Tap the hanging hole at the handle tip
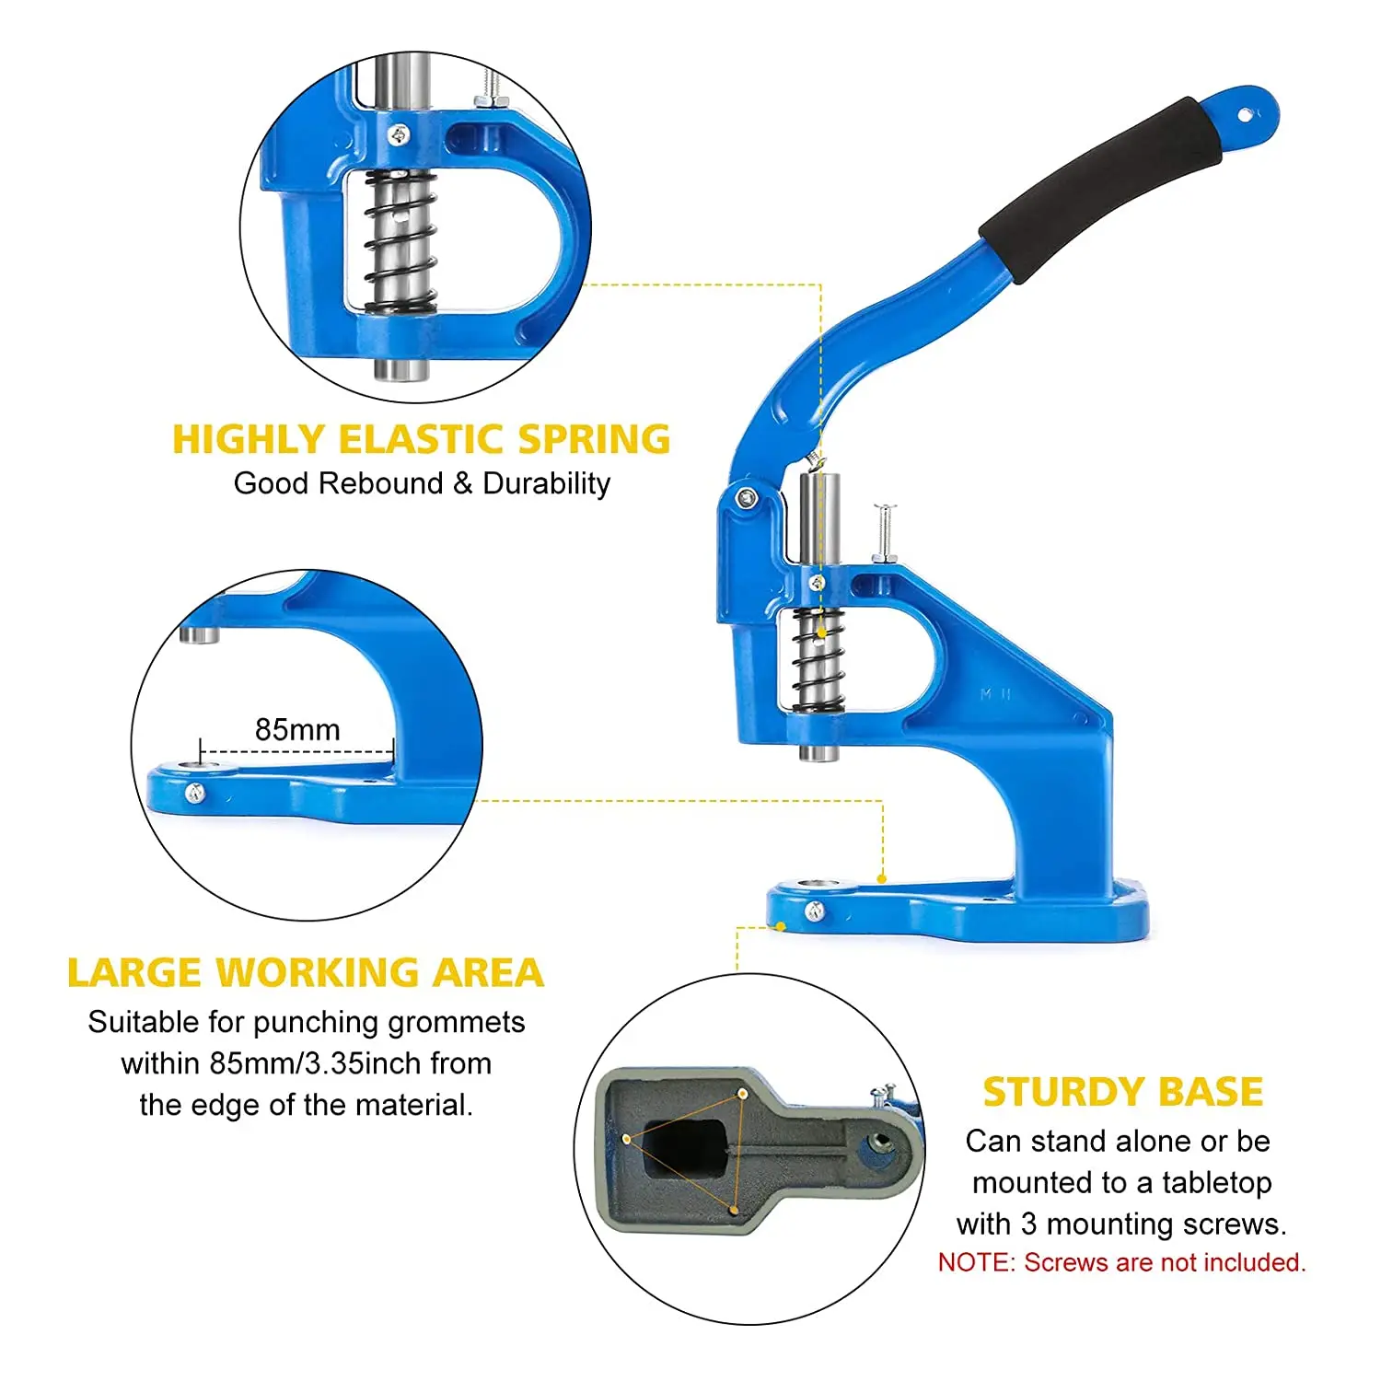click(1245, 115)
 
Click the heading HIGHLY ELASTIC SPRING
click(422, 439)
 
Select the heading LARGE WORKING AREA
click(306, 973)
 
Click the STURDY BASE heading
click(1122, 1092)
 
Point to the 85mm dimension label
click(297, 730)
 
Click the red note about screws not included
click(1121, 1262)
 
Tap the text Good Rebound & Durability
click(422, 483)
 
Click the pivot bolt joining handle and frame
click(747, 498)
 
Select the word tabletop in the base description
click(1216, 1182)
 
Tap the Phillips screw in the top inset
click(399, 136)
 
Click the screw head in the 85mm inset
click(195, 793)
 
